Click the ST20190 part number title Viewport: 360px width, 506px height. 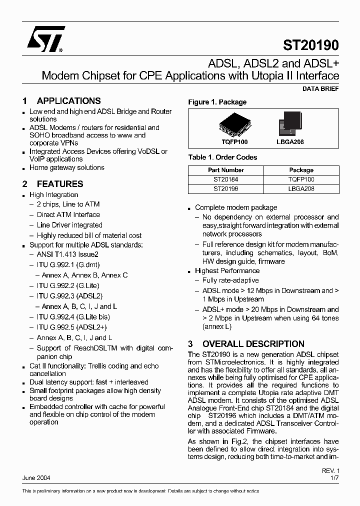(x=311, y=45)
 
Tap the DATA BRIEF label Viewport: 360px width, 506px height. (x=320, y=88)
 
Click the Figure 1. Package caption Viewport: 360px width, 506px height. (x=217, y=102)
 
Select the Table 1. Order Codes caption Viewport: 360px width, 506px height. (x=222, y=157)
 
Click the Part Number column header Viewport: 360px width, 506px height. (x=226, y=170)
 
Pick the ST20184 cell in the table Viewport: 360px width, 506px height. (x=226, y=179)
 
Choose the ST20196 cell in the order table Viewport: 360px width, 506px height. (x=226, y=189)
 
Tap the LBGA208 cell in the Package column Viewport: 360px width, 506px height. (x=301, y=189)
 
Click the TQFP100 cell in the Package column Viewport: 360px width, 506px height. (x=301, y=179)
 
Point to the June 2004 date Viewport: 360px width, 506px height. (x=36, y=478)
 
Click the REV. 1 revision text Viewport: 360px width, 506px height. (x=330, y=471)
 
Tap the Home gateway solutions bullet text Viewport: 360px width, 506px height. (x=66, y=167)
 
